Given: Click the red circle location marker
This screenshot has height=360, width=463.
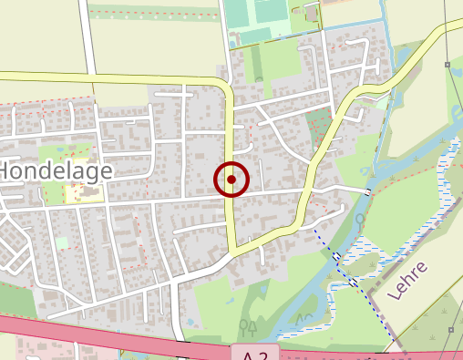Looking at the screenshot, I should click(x=231, y=180).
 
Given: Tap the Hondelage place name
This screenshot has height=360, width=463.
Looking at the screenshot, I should click(x=56, y=170).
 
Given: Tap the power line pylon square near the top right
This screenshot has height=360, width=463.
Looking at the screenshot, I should click(x=448, y=64).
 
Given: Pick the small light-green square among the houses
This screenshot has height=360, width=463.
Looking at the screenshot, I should click(x=62, y=242).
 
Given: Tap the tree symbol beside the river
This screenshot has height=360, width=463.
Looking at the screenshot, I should click(x=361, y=221).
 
